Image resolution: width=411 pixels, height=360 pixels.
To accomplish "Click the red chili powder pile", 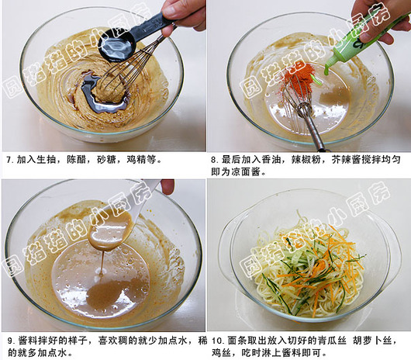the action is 299,74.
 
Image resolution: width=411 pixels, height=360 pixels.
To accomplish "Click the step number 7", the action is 10,160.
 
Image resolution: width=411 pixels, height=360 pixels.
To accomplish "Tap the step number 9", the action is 11,341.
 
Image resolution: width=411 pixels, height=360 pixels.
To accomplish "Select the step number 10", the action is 217,341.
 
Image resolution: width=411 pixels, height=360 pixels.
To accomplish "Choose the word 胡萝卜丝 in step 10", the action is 373,341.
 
